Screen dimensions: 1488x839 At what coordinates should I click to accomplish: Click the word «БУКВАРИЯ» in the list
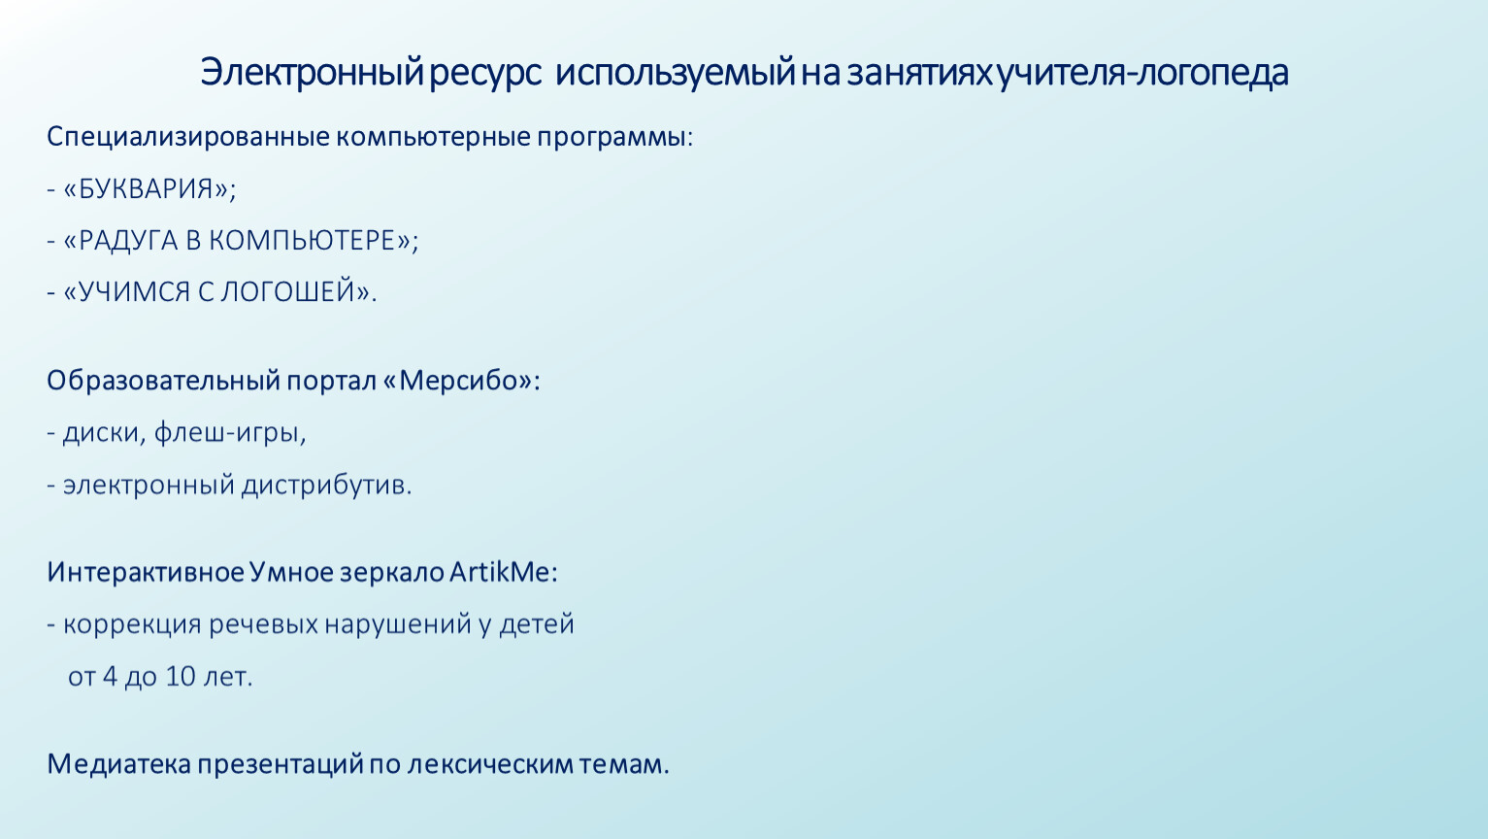tap(149, 188)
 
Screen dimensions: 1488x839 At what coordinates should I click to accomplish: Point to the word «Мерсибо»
tap(458, 381)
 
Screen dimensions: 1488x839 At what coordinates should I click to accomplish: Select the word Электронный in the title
tap(312, 73)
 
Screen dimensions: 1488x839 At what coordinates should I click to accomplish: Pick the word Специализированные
tap(188, 138)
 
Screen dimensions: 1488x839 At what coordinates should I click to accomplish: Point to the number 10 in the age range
tap(181, 676)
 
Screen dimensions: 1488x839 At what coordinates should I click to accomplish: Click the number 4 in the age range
tap(111, 676)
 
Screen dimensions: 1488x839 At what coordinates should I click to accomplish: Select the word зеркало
tap(392, 572)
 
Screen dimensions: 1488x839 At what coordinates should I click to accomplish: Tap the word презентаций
tap(281, 765)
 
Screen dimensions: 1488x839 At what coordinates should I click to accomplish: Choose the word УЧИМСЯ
tap(134, 291)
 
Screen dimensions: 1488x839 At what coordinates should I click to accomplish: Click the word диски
tap(101, 433)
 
